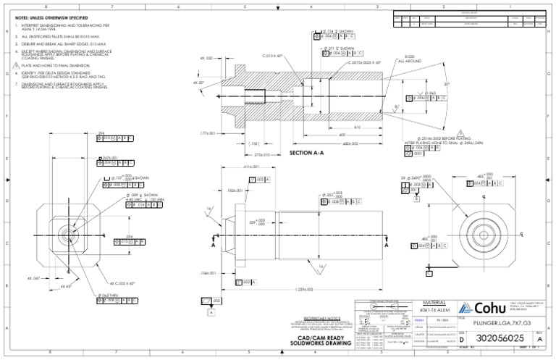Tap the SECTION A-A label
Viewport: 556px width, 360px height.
point(309,154)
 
